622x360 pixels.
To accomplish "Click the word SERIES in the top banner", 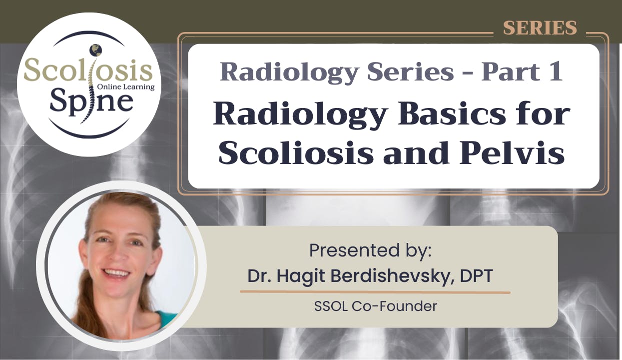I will (540, 28).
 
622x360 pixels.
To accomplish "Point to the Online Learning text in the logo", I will (130, 86).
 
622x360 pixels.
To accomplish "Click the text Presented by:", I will (370, 250).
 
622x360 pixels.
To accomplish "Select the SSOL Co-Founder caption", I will (375, 306).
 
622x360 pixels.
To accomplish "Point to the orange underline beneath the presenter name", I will (375, 291).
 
